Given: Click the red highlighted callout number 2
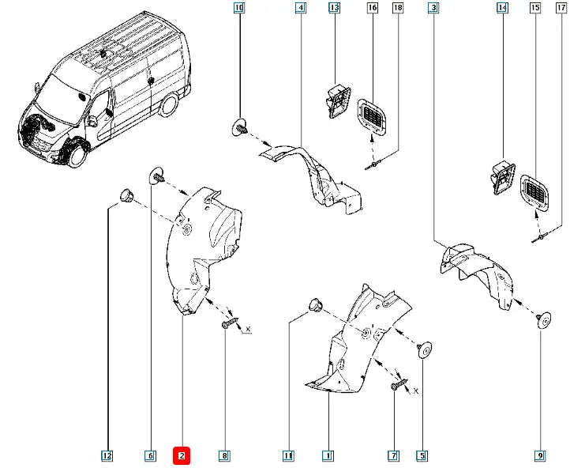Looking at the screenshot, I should click(x=182, y=455).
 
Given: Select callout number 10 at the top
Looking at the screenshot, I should click(x=239, y=9).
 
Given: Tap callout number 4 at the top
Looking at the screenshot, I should click(x=301, y=9).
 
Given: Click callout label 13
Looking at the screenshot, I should click(x=334, y=9).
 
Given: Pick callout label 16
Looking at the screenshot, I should click(x=372, y=9).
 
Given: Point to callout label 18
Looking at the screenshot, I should click(x=397, y=9).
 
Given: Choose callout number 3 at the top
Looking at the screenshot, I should click(x=433, y=9).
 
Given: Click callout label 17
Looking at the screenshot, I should click(x=561, y=9).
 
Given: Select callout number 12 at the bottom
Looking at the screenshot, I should click(x=107, y=455).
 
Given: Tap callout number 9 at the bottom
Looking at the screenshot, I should click(x=540, y=455).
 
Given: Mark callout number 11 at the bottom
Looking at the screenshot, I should click(x=289, y=455).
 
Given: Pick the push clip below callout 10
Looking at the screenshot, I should click(x=240, y=126).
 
